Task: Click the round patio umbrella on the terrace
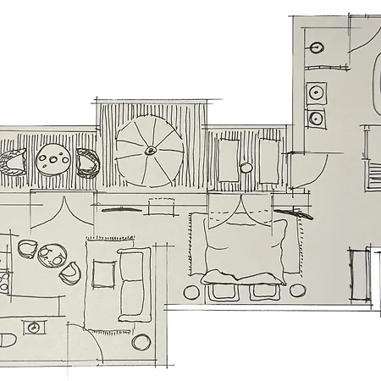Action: pos(149,151)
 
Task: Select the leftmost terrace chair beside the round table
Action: pos(14,161)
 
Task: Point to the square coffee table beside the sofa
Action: pos(104,273)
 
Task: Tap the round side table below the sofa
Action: pos(142,340)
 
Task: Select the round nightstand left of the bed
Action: pos(194,292)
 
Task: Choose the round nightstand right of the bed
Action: pos(297,290)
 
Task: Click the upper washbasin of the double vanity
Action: pos(317,91)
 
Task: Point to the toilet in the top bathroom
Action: pos(316,47)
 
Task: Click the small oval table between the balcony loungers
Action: pos(246,168)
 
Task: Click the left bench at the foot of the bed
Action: pos(225,292)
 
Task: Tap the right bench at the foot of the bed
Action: pos(262,292)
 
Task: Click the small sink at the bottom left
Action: pos(35,327)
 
